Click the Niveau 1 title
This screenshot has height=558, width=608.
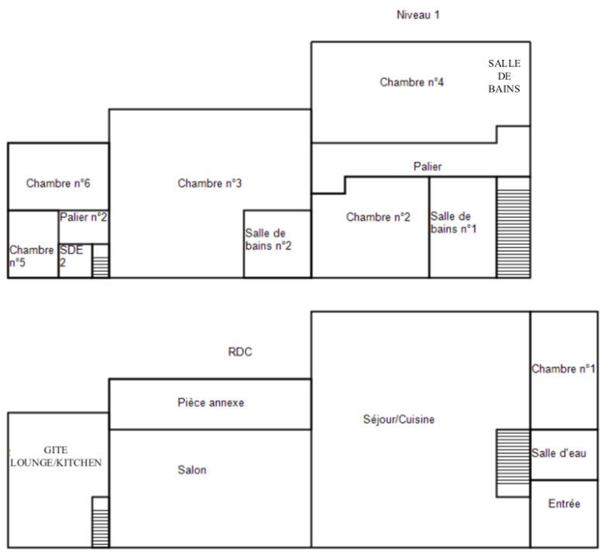417,14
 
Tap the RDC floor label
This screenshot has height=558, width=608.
240,352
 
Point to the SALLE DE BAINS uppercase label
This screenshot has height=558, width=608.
503,76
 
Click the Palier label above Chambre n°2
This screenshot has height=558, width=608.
428,167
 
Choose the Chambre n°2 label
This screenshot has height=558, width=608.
378,217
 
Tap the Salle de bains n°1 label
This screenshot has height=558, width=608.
452,222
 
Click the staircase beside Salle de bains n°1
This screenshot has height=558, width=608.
513,227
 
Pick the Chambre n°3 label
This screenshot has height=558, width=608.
210,184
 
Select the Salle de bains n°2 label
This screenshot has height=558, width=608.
268,239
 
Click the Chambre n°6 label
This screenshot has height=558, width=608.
59,184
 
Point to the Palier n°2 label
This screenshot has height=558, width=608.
84,218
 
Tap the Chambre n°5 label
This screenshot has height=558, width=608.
32,257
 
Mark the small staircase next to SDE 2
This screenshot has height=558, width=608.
101,261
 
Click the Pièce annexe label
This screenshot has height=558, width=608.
211,403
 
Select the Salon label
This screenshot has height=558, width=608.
192,470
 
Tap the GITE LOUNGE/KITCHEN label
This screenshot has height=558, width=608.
56,456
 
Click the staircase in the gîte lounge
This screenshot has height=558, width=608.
101,522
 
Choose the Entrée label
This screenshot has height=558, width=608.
564,504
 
